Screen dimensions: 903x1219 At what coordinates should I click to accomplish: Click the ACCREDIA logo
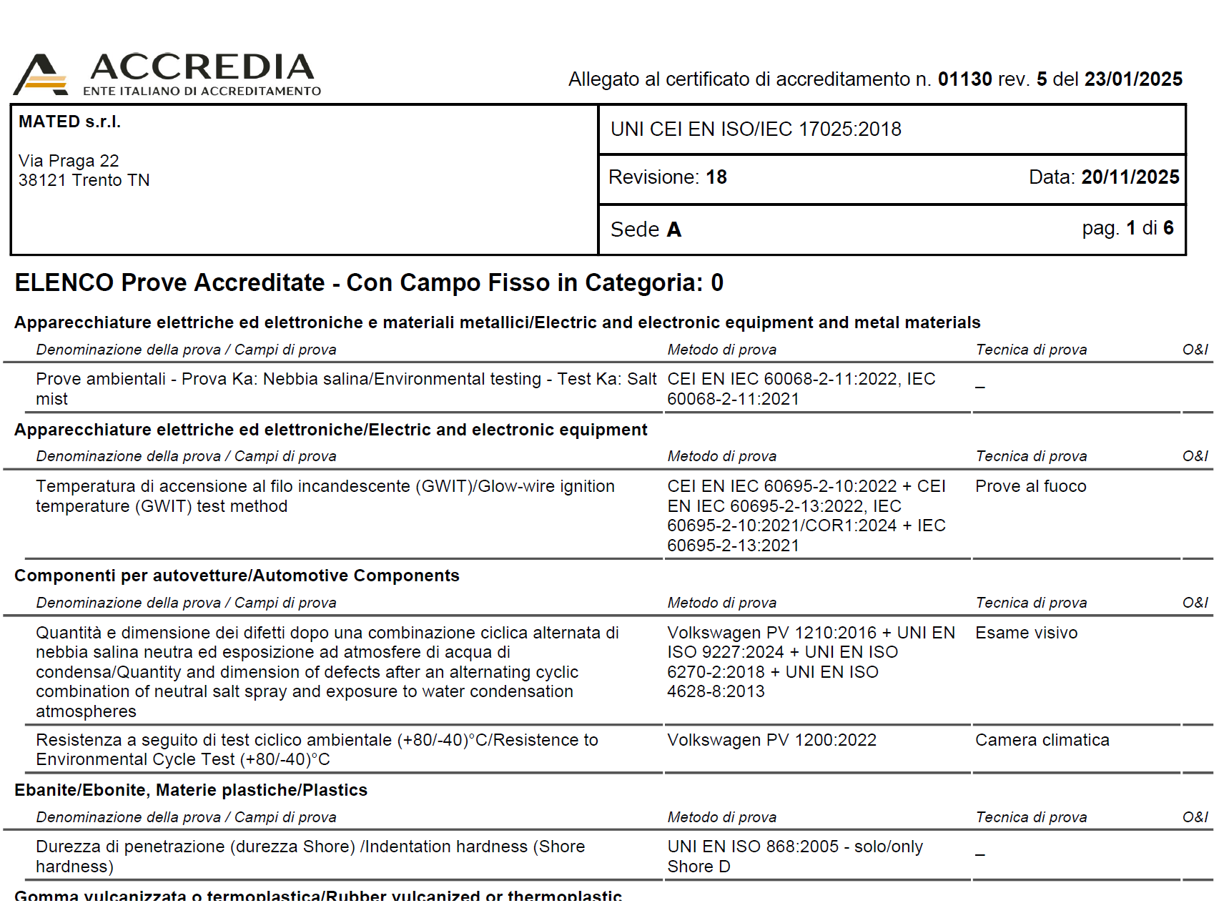167,74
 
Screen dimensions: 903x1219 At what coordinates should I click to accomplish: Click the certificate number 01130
964,79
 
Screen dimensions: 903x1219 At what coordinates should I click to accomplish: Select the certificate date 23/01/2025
1133,79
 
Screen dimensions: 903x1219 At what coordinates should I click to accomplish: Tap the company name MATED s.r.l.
69,122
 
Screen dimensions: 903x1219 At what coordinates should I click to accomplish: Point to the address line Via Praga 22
69,161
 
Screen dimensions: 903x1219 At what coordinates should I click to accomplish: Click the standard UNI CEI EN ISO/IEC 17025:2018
756,129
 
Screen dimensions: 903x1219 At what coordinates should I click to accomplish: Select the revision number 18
716,177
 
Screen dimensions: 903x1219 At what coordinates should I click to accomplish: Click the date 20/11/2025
1130,177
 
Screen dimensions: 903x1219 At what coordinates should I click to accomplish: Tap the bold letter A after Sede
673,230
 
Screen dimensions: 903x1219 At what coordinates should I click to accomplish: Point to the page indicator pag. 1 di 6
1127,228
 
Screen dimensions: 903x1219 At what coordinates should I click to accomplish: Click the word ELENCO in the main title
64,283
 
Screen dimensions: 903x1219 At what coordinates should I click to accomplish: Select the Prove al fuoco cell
1030,487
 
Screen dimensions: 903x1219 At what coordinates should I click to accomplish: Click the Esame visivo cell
1026,633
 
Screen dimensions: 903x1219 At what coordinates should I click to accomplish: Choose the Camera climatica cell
1042,741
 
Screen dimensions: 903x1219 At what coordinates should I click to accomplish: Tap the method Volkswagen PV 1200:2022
771,741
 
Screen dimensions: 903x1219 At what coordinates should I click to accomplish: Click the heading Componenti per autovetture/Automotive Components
237,576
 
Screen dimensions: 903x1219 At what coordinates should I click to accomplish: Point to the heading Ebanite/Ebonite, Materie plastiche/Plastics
191,791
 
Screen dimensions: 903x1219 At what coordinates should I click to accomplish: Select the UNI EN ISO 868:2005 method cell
753,847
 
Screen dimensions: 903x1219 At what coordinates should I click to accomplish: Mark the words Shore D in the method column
699,867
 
